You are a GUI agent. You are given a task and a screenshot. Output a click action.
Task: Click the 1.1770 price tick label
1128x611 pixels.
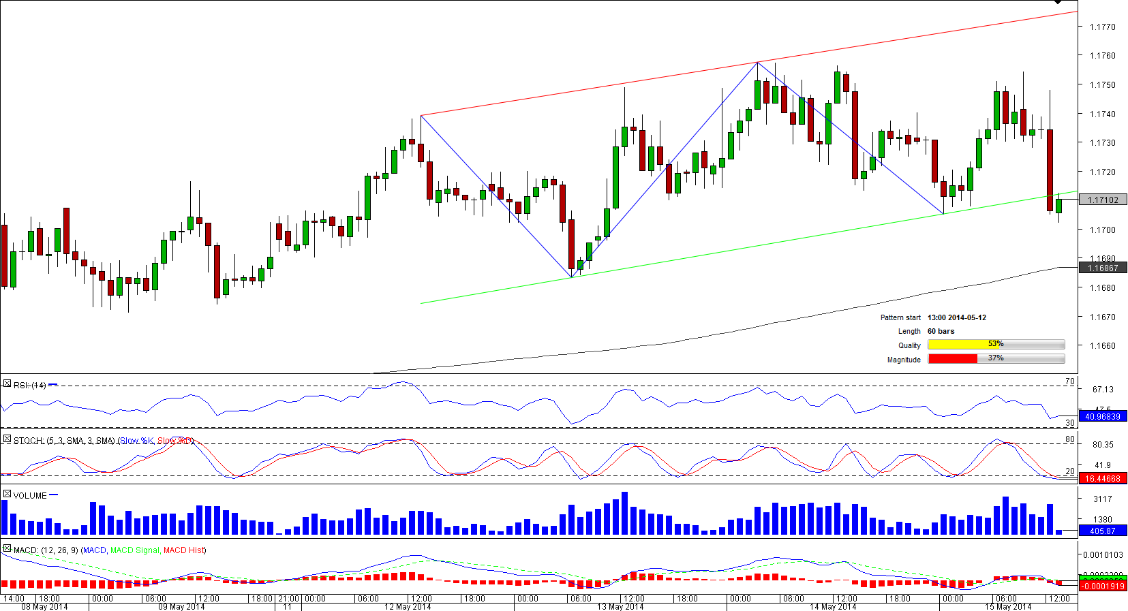pos(1102,27)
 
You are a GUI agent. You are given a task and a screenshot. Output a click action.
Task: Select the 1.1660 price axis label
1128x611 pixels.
pos(1102,345)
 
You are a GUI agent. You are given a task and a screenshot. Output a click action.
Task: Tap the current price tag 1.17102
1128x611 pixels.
pos(1103,200)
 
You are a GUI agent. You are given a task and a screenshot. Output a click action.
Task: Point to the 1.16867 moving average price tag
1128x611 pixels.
pos(1103,268)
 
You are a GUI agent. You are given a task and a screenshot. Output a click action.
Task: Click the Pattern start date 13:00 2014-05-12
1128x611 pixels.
pos(956,317)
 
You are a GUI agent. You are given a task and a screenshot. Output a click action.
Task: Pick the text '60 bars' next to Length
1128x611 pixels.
pos(941,331)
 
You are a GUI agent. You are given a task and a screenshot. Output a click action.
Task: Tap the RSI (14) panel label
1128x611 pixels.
pos(29,385)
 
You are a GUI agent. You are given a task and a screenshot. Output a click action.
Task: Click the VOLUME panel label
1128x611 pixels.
pos(30,495)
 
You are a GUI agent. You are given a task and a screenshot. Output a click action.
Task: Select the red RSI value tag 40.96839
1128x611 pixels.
pos(1103,416)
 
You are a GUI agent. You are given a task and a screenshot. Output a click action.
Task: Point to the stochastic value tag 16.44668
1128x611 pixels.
pos(1103,478)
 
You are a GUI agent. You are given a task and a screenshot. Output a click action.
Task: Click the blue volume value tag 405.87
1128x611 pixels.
pos(1103,531)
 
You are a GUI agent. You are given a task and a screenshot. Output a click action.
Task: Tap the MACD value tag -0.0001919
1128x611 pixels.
pos(1103,586)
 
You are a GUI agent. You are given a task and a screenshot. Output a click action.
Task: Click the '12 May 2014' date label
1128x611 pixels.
pos(408,606)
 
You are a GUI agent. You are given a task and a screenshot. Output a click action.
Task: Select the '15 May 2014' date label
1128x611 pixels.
pos(1008,606)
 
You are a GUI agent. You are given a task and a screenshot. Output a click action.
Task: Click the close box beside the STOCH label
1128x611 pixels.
pos(7,439)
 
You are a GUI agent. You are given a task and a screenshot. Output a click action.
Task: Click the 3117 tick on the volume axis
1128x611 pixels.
pos(1102,499)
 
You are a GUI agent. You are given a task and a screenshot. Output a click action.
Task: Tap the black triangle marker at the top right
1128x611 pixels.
pos(1057,3)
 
